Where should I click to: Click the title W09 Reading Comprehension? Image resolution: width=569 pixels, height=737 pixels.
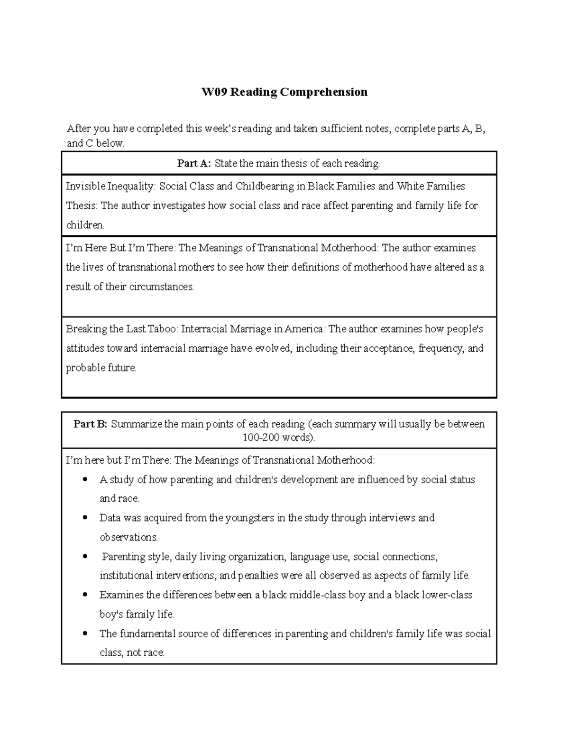pyautogui.click(x=284, y=92)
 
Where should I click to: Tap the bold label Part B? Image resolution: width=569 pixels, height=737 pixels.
pyautogui.click(x=90, y=424)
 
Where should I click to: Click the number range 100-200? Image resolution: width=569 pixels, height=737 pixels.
pyautogui.click(x=261, y=437)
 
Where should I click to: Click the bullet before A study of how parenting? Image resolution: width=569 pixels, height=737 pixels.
pyautogui.click(x=85, y=479)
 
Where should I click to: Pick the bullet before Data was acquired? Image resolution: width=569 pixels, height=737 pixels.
pyautogui.click(x=85, y=518)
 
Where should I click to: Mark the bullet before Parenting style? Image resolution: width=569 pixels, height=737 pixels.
pyautogui.click(x=85, y=556)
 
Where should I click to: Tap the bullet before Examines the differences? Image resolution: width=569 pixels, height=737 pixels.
pyautogui.click(x=85, y=595)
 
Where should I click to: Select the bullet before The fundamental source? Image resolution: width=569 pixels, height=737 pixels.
pyautogui.click(x=85, y=634)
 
